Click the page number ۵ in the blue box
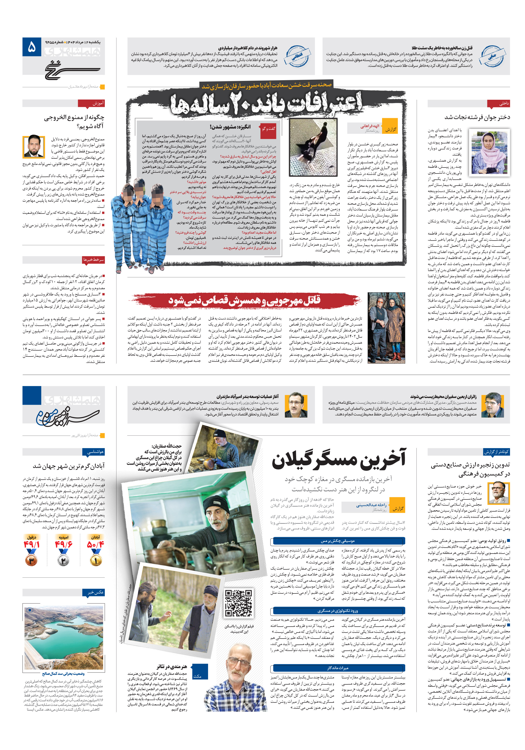point(32,47)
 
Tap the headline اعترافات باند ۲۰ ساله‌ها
point(266,104)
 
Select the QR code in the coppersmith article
point(239,603)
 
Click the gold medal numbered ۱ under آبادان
point(96,560)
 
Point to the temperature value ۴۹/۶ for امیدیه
point(63,544)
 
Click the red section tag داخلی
point(499,104)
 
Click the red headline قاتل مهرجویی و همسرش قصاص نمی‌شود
point(245,300)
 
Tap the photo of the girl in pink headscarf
point(489,152)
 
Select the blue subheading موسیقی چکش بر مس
point(337,541)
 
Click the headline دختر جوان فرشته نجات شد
point(477,117)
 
